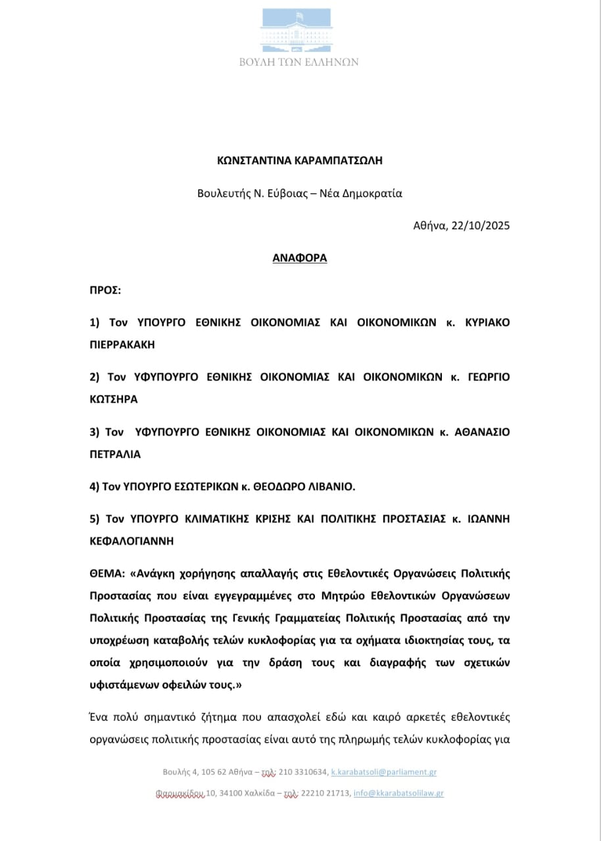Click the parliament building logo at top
300,30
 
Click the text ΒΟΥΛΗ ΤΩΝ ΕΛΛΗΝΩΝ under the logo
300,62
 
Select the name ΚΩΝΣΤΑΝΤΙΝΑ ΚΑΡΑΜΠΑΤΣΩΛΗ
300,160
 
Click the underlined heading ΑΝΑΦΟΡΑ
300,258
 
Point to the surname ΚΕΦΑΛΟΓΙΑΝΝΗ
132,540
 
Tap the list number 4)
94,486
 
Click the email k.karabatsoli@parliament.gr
383,772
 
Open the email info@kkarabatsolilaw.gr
398,793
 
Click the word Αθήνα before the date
429,225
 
